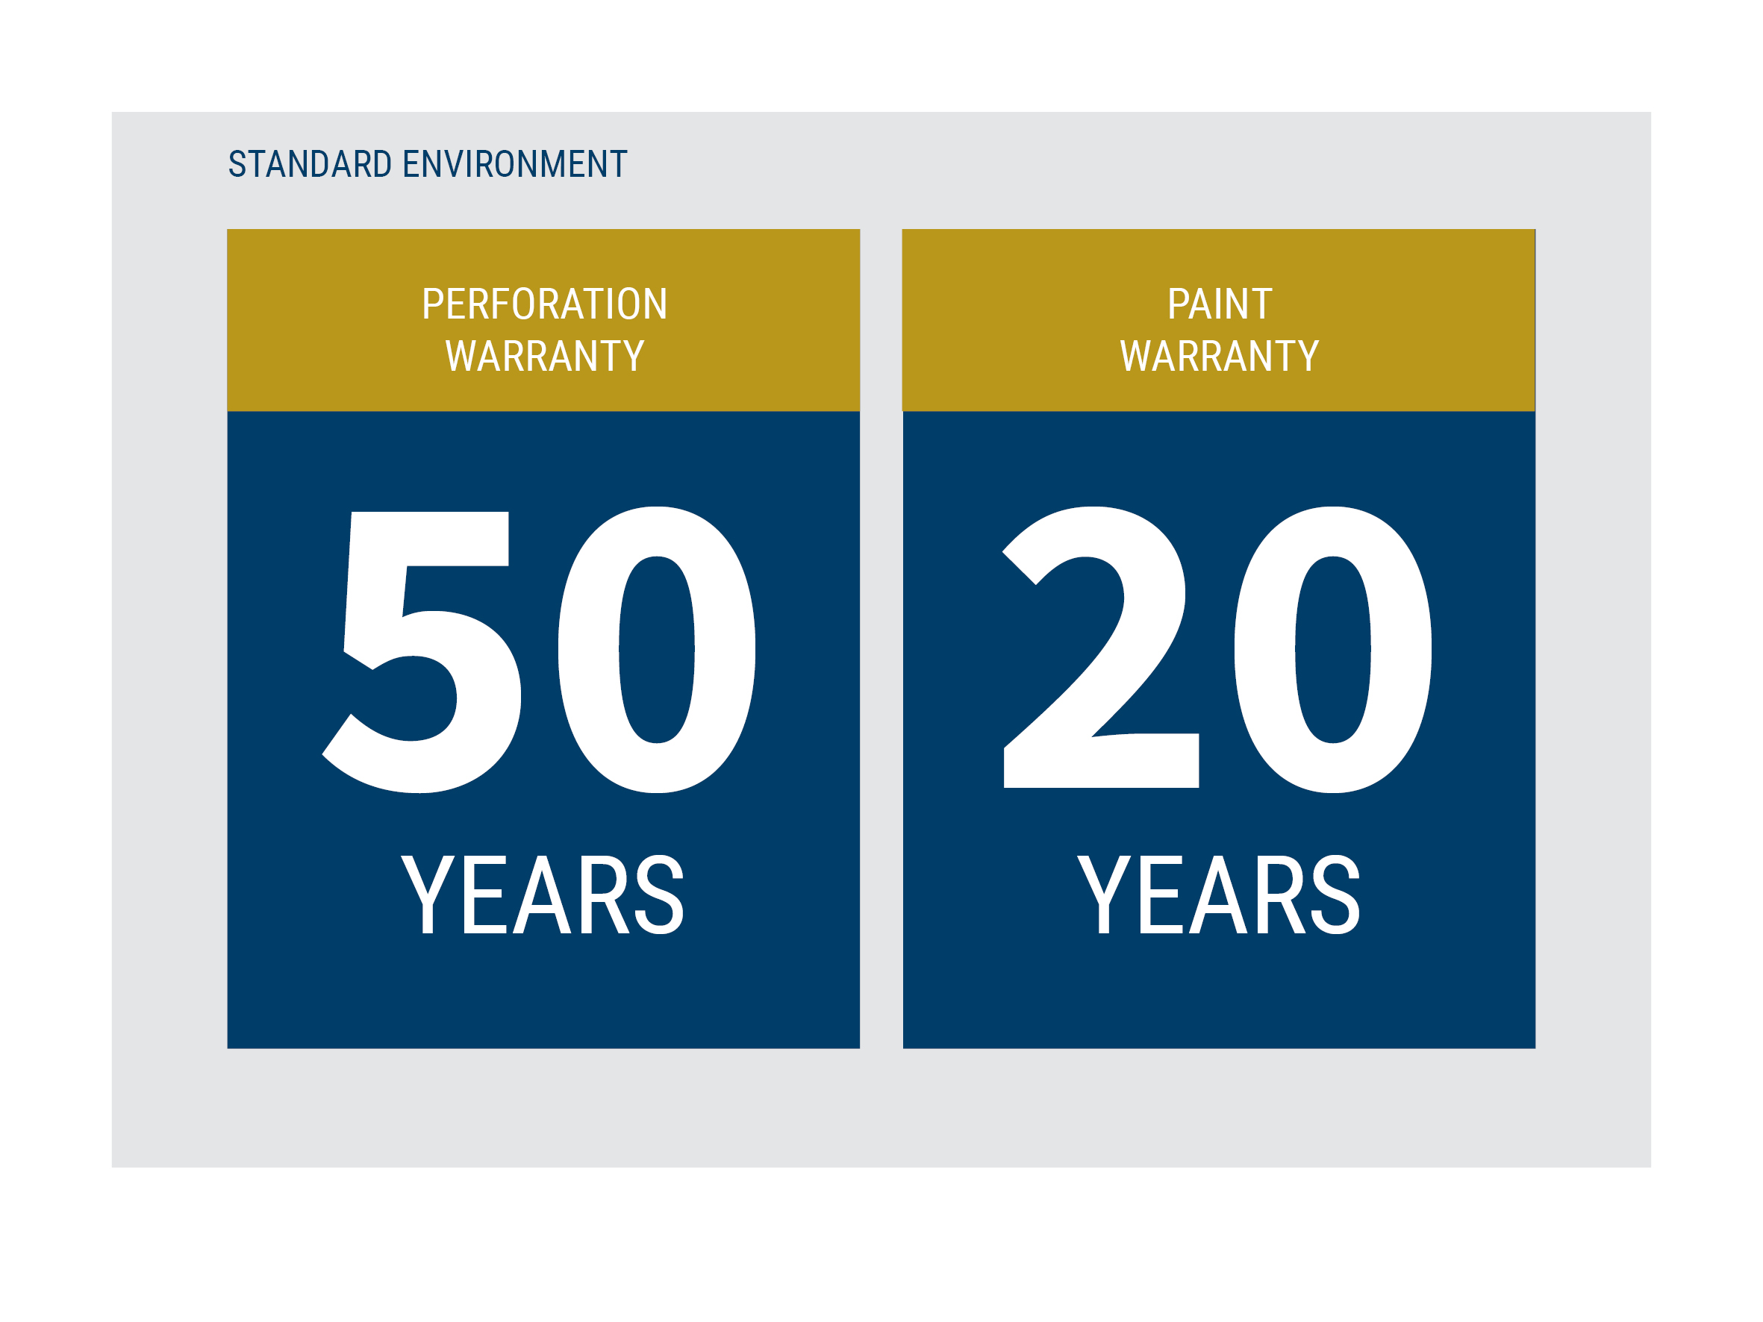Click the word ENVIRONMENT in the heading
point(515,164)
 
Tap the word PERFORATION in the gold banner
point(544,304)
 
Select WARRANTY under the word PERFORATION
point(544,355)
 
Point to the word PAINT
point(1220,304)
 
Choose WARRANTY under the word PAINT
point(1220,355)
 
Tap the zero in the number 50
point(657,650)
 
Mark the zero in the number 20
point(1332,650)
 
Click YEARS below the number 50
point(543,894)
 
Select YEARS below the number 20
point(1219,894)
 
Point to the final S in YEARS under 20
point(1335,894)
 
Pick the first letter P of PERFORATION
point(433,304)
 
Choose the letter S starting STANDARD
point(237,164)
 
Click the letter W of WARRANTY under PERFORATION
point(460,355)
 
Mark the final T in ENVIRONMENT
point(619,164)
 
